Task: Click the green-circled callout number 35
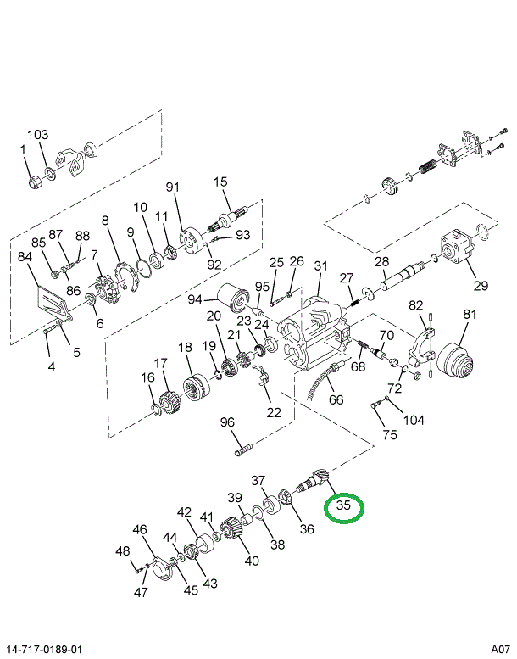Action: [343, 506]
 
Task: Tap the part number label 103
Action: [38, 135]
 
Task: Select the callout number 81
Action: [470, 315]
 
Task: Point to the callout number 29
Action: [481, 285]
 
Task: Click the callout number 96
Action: [227, 422]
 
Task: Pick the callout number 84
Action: [25, 256]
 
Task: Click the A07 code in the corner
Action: [501, 648]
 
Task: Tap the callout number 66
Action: [336, 399]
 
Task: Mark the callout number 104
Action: [414, 420]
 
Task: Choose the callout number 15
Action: [221, 182]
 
